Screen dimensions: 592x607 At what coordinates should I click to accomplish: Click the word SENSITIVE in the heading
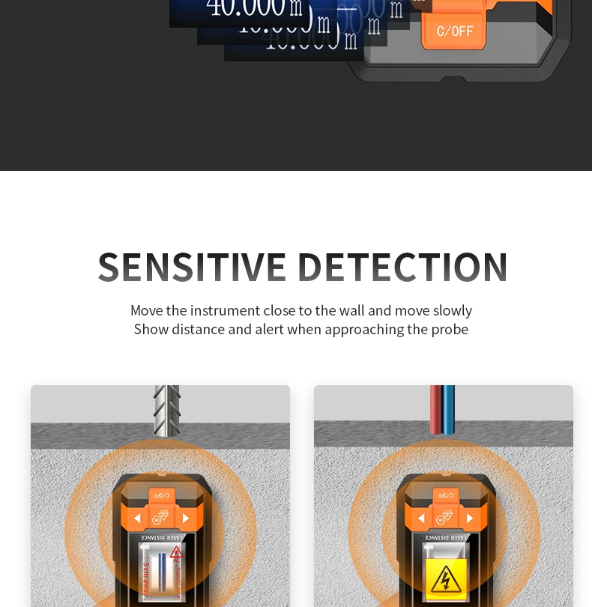(x=193, y=267)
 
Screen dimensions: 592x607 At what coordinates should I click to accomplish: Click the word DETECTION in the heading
(x=402, y=267)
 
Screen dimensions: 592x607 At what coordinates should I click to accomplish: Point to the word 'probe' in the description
(x=449, y=329)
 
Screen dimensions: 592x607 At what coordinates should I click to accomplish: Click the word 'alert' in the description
(x=269, y=329)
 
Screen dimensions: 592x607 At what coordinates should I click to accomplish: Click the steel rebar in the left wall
(x=166, y=410)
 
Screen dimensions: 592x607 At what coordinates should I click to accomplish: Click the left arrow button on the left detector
(x=137, y=518)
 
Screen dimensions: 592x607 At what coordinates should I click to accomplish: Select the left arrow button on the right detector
(x=421, y=518)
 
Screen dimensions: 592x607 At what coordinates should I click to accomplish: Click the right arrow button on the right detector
(x=470, y=518)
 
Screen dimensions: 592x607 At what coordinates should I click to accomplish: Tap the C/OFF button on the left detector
(x=162, y=495)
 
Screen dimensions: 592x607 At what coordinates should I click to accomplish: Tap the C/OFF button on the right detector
(x=446, y=495)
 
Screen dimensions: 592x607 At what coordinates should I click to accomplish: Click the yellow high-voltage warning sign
(x=446, y=579)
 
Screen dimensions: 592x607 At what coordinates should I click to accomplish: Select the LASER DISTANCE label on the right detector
(x=446, y=537)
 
